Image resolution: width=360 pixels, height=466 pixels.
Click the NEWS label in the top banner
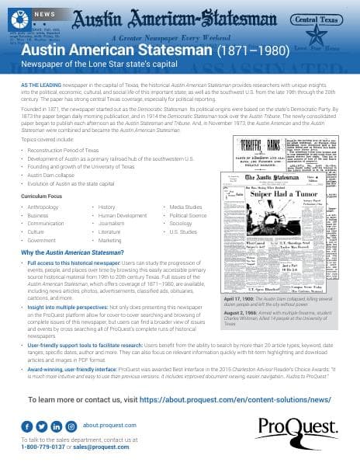44,14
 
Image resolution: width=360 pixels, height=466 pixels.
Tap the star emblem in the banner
317,38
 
